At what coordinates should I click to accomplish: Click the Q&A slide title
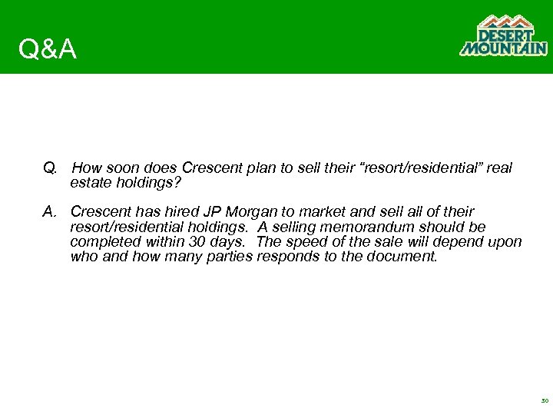point(48,50)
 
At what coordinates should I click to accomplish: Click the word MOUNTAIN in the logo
point(503,48)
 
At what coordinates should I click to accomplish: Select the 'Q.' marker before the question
point(50,168)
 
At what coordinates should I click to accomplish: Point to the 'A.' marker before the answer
point(50,211)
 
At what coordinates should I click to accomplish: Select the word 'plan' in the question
point(267,168)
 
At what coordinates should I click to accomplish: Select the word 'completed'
point(102,242)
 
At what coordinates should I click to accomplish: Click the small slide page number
point(545,401)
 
